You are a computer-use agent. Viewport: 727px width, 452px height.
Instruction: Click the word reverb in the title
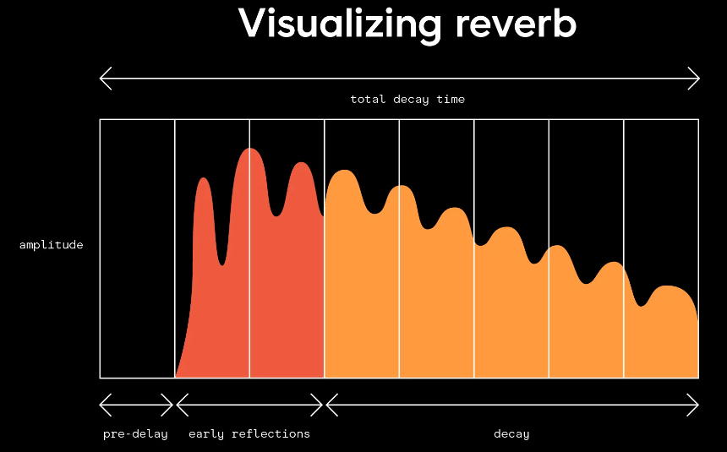click(x=516, y=23)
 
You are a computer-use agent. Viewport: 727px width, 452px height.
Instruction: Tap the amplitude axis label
click(x=51, y=245)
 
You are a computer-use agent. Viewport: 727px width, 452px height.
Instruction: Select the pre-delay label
click(x=135, y=434)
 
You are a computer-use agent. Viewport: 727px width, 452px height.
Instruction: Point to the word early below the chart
click(x=206, y=434)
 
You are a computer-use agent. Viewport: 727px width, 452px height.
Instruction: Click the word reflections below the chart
click(x=271, y=433)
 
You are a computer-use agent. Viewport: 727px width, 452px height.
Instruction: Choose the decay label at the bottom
click(x=511, y=434)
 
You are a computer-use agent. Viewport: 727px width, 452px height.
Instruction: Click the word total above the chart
click(x=368, y=99)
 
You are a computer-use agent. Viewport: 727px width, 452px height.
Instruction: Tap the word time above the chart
click(x=451, y=99)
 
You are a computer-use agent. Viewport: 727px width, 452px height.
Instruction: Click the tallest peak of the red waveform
click(x=249, y=150)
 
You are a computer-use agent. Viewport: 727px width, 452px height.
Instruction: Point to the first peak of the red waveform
click(x=203, y=179)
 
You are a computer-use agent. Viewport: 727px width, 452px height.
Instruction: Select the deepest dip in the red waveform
click(x=222, y=264)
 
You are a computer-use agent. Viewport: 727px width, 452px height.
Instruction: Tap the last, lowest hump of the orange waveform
click(x=667, y=287)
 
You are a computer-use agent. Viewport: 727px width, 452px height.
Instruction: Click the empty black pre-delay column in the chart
click(x=137, y=249)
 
